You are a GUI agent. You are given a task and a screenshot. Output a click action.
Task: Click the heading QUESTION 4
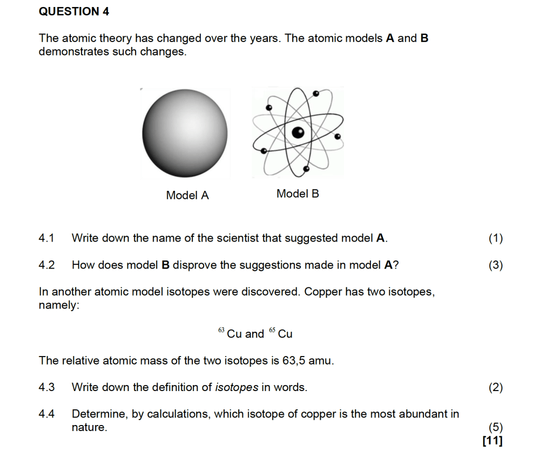click(74, 11)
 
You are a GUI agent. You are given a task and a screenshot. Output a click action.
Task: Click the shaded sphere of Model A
click(185, 133)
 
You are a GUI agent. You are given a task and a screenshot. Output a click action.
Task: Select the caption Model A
click(187, 195)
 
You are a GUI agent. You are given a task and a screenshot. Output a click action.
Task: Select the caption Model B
click(298, 194)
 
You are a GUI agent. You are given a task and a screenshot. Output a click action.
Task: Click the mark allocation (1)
click(495, 238)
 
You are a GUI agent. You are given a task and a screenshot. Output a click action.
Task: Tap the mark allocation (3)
click(495, 265)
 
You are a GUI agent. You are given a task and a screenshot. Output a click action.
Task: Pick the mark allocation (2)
click(495, 387)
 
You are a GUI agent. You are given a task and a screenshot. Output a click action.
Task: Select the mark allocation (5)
click(495, 428)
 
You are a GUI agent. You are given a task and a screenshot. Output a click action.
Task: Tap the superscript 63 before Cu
click(221, 330)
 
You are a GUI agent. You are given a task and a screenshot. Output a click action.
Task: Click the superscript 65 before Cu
click(272, 330)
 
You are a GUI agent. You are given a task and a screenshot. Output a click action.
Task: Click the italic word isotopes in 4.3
click(237, 387)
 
